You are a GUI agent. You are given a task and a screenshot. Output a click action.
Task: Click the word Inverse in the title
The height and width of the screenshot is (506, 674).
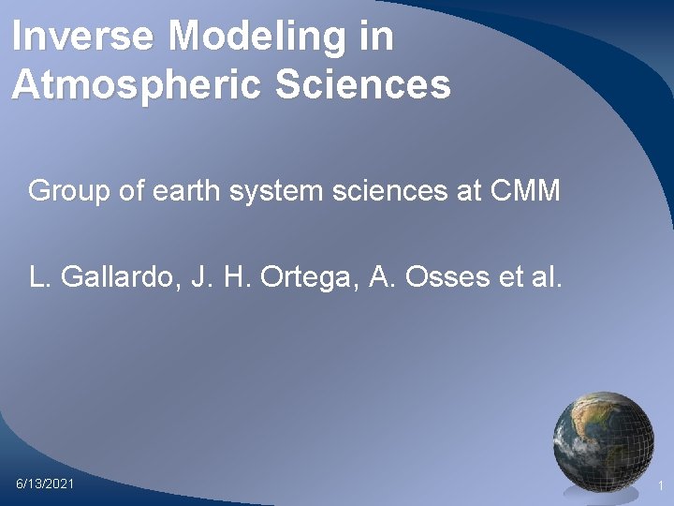click(x=83, y=37)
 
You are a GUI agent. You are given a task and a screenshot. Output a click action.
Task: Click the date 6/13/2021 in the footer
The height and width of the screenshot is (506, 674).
click(x=45, y=484)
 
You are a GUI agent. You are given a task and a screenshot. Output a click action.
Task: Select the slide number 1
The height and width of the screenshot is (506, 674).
click(x=660, y=485)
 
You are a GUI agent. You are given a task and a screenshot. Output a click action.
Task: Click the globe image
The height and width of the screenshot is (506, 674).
click(x=603, y=438)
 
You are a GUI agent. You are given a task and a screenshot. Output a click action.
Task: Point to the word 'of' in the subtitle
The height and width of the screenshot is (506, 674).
click(x=132, y=192)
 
